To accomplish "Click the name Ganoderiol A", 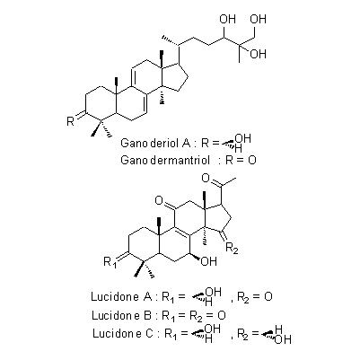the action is [155, 143].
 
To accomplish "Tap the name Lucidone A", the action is [121, 296].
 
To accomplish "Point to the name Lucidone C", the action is [123, 333].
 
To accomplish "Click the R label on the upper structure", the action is [70, 122].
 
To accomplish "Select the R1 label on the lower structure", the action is [110, 262].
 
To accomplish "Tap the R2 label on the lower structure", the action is [232, 249].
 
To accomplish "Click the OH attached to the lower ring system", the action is [208, 261].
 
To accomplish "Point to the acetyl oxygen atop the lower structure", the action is [206, 179].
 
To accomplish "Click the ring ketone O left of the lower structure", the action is [159, 200].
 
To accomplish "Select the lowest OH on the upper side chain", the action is [258, 54].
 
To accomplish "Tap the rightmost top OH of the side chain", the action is [258, 19].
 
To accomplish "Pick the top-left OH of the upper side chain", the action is [228, 19].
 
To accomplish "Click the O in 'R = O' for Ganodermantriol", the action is [252, 160].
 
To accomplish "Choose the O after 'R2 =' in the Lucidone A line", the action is [268, 296].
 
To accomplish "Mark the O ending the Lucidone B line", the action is [222, 315].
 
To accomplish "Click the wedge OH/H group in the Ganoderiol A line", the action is [236, 143].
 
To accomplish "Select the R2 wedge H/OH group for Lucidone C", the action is [276, 335].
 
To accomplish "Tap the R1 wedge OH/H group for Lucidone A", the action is [206, 296].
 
